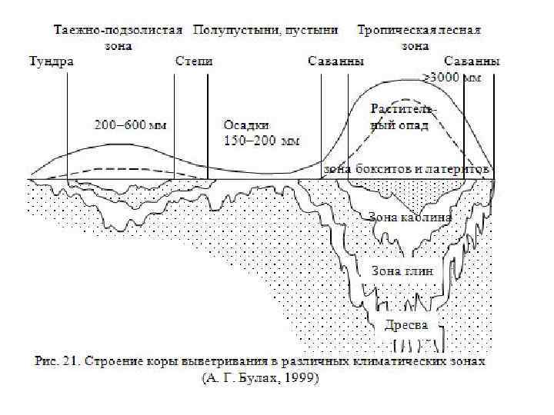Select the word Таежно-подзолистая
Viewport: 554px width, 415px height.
[x=118, y=32]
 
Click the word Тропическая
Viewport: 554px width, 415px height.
[x=393, y=32]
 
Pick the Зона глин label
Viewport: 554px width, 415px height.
[x=402, y=271]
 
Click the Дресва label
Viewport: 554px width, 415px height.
[x=405, y=325]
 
